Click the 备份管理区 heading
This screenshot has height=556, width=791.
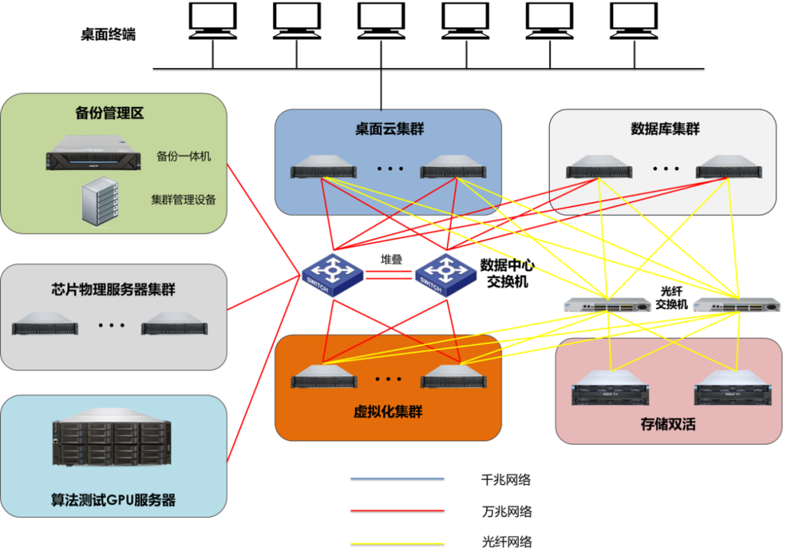[x=109, y=113]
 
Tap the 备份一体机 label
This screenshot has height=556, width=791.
[x=184, y=156]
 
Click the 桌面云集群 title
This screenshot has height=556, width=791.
[x=389, y=130]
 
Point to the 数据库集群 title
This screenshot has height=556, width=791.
[x=665, y=129]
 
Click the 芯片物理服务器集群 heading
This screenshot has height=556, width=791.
[x=113, y=290]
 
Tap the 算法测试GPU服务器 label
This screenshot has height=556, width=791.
[x=113, y=500]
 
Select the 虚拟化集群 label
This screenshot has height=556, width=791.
[x=388, y=412]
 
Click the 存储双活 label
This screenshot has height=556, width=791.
[x=667, y=424]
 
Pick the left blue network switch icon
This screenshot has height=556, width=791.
[x=333, y=274]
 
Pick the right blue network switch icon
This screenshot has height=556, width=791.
[x=447, y=274]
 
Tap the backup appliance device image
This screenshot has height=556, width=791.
[x=92, y=153]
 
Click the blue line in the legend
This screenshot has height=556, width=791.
[x=397, y=478]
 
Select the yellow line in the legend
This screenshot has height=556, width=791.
[x=397, y=544]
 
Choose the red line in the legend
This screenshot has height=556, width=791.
[x=397, y=511]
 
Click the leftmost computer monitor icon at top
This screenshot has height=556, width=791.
[x=212, y=21]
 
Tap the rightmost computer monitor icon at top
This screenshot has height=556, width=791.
[x=634, y=21]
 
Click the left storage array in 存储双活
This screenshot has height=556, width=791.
[x=609, y=389]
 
